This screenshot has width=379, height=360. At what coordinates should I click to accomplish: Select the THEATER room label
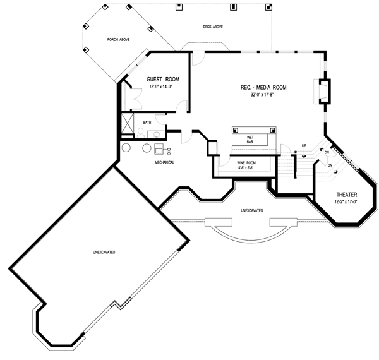tap(346, 195)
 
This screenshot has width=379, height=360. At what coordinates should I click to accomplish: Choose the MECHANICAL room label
tap(165, 162)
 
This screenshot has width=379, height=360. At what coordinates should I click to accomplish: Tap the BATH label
tap(147, 122)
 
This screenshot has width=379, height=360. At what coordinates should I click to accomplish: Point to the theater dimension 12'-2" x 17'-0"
tap(346, 202)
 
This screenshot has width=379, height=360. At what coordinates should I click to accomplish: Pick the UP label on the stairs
tap(304, 146)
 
